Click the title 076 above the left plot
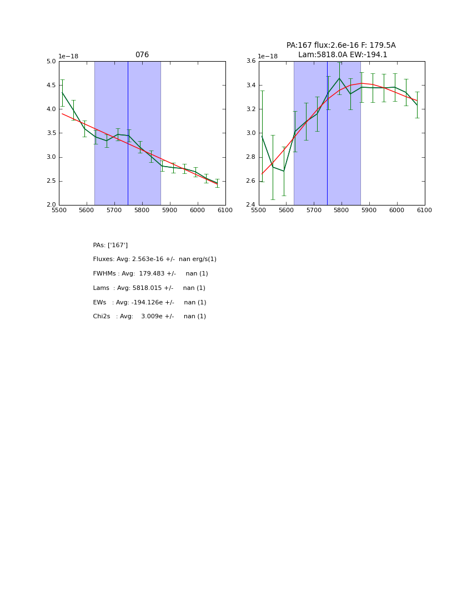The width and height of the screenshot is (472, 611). pyautogui.click(x=142, y=55)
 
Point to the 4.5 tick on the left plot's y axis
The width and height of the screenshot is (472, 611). pyautogui.click(x=51, y=86)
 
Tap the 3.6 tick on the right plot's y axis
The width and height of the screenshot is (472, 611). pyautogui.click(x=250, y=62)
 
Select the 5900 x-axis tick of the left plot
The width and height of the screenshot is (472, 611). pyautogui.click(x=170, y=211)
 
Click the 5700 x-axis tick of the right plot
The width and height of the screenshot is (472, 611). pyautogui.click(x=314, y=211)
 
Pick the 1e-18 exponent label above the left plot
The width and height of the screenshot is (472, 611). pyautogui.click(x=68, y=56)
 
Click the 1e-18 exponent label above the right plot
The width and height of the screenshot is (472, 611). pyautogui.click(x=268, y=56)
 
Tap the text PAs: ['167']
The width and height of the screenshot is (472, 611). pyautogui.click(x=111, y=245)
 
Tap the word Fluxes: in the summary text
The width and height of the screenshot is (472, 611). pyautogui.click(x=104, y=259)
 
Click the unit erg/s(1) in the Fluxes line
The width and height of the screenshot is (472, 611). pyautogui.click(x=204, y=259)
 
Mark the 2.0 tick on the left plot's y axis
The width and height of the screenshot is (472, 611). pyautogui.click(x=51, y=205)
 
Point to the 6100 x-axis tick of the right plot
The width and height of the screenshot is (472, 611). pyautogui.click(x=425, y=211)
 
